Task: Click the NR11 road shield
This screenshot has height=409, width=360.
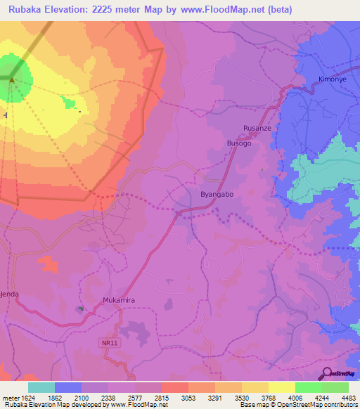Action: click(x=105, y=342)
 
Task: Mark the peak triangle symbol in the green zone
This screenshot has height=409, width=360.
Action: click(x=11, y=79)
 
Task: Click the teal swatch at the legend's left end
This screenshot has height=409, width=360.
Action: click(x=41, y=387)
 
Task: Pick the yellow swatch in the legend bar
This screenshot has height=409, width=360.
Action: click(x=281, y=387)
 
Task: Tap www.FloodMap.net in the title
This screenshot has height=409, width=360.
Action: click(x=224, y=9)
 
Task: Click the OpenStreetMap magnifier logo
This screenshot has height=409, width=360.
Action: click(x=326, y=373)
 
